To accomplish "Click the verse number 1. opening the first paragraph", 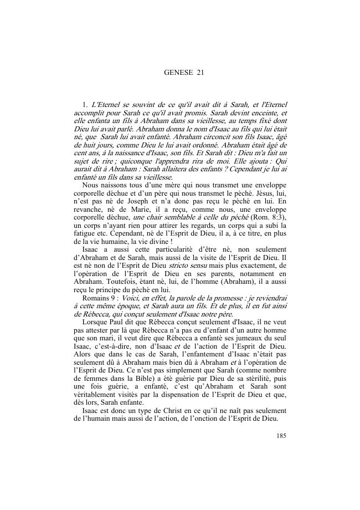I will coord(85,104).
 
